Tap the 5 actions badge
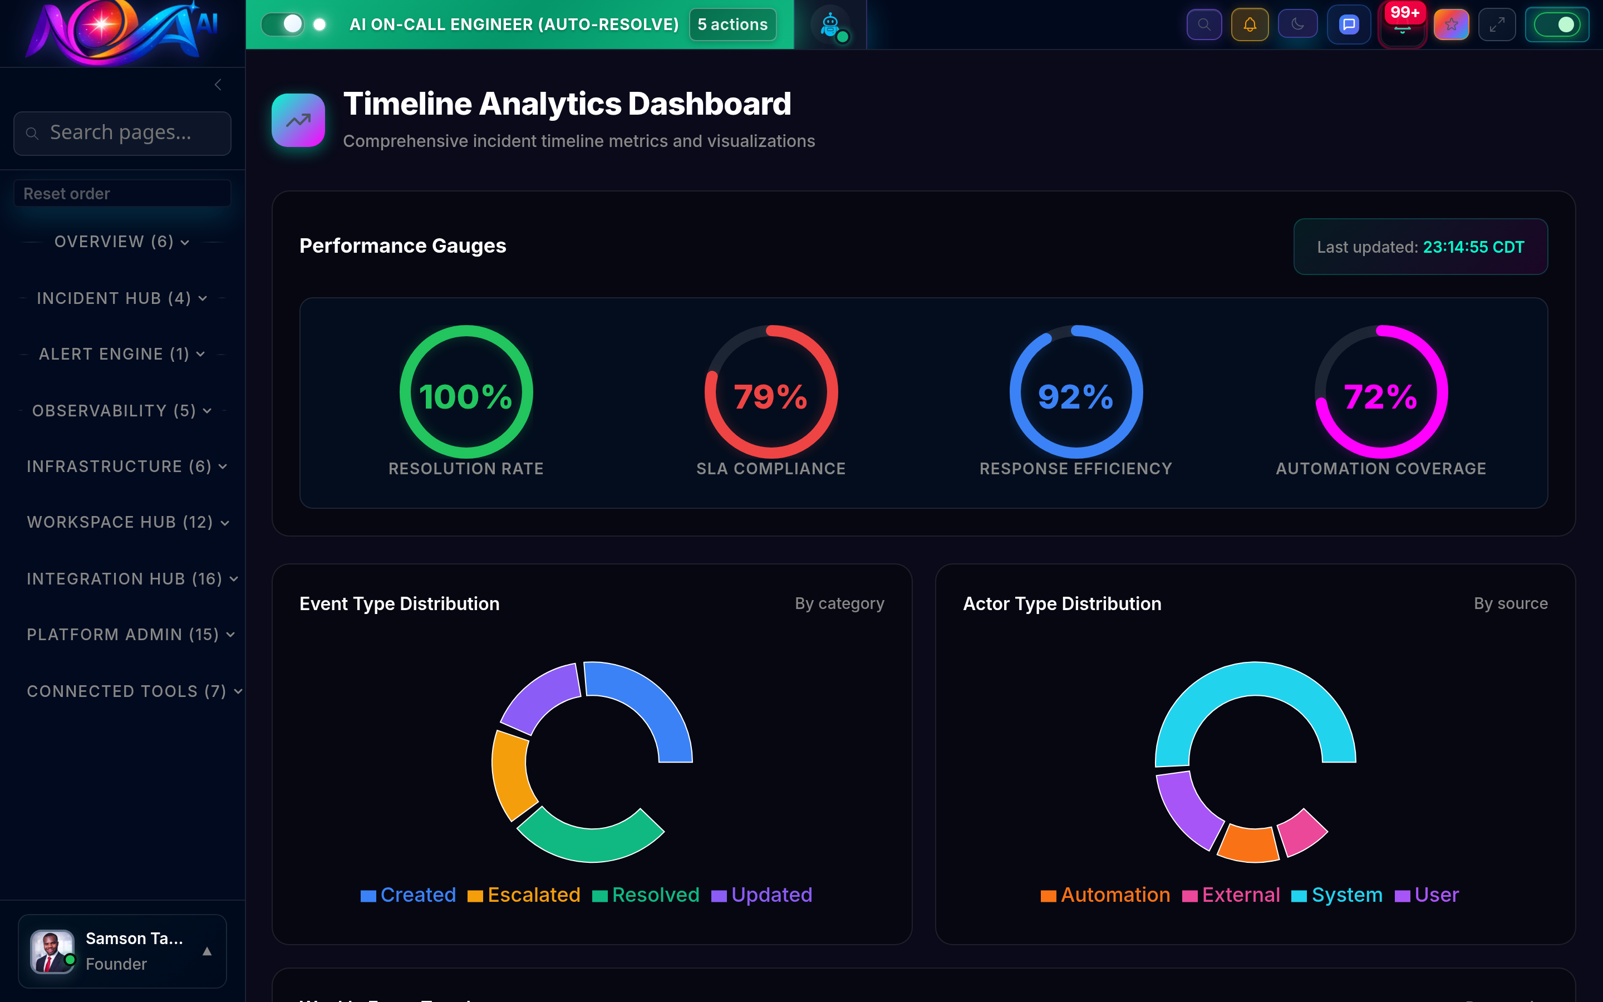pos(732,24)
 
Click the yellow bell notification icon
pos(1249,24)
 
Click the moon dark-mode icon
pos(1297,24)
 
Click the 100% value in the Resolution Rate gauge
pos(466,396)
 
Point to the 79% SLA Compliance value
pos(770,396)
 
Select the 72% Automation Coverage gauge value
pos(1380,396)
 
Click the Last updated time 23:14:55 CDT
pos(1473,247)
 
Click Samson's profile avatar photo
pos(52,951)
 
